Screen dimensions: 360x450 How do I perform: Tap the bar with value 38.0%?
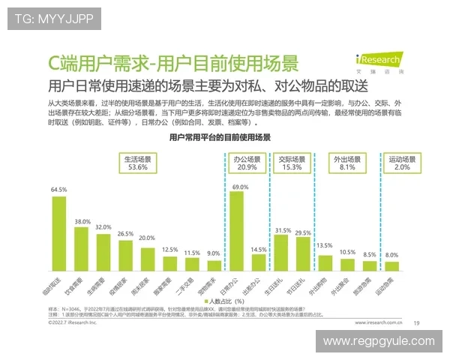point(82,248)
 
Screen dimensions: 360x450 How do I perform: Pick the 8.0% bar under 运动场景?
point(392,265)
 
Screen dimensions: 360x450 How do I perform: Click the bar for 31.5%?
point(282,252)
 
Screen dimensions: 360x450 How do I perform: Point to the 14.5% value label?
point(259,249)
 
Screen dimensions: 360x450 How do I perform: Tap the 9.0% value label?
point(214,253)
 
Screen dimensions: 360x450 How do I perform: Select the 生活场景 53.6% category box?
point(136,163)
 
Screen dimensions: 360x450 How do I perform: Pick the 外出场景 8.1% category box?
point(347,163)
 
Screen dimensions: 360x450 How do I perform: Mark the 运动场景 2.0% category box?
point(402,163)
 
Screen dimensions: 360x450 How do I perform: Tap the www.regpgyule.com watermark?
point(378,341)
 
